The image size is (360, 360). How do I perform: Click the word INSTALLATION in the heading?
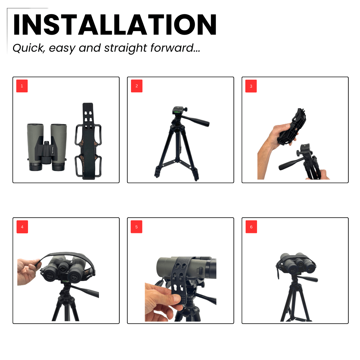coord(115,25)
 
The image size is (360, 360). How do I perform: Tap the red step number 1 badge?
coord(22,86)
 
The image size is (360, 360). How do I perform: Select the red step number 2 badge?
coord(137,86)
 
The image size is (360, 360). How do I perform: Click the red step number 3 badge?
coord(251,86)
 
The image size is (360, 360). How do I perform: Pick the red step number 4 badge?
coord(22,227)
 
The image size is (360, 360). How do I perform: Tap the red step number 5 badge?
coord(137,227)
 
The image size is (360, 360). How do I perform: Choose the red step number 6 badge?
coord(251,227)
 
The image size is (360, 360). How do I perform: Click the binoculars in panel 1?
coord(47,147)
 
